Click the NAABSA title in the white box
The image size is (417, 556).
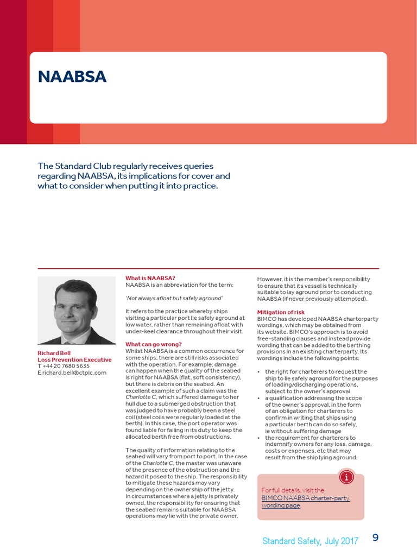pyautogui.click(x=72, y=77)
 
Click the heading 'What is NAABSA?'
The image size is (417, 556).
pyautogui.click(x=150, y=279)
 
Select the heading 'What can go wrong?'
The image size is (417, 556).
pyautogui.click(x=154, y=344)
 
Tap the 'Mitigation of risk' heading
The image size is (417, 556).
pyautogui.click(x=281, y=312)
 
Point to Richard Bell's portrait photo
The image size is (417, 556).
pyautogui.click(x=77, y=311)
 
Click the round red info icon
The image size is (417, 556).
pyautogui.click(x=346, y=477)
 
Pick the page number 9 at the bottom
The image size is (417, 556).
pyautogui.click(x=375, y=538)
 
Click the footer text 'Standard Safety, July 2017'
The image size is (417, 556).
pyautogui.click(x=310, y=541)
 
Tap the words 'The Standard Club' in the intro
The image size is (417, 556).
pyautogui.click(x=71, y=166)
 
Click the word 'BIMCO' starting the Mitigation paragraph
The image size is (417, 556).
pyautogui.click(x=268, y=319)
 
